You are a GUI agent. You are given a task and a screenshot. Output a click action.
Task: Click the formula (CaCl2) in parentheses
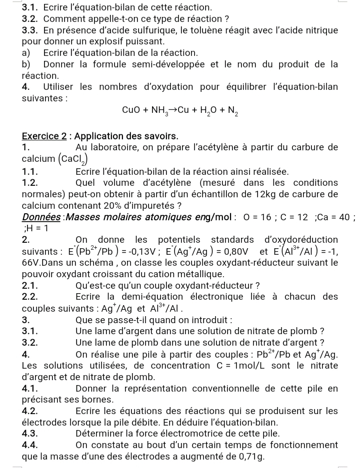pyautogui.click(x=75, y=159)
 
